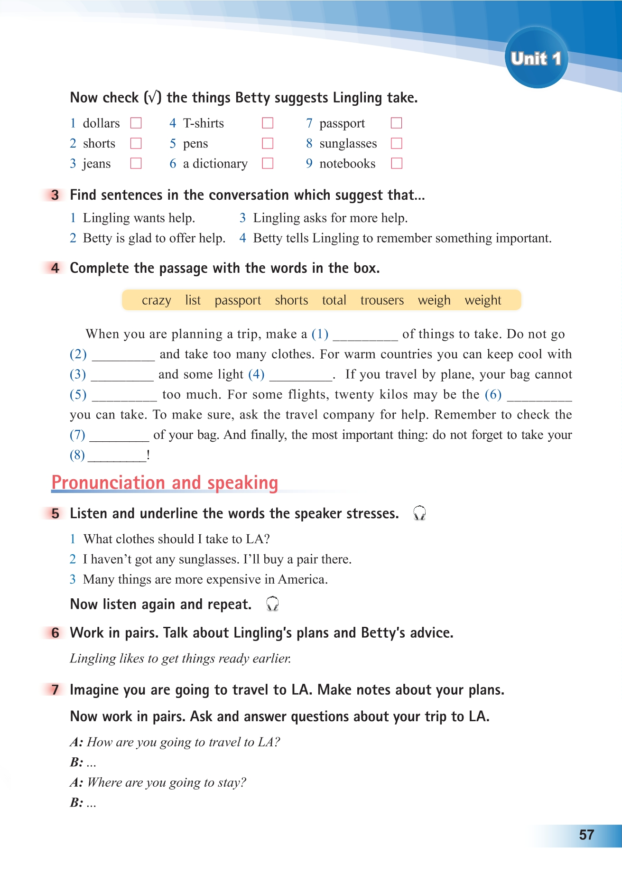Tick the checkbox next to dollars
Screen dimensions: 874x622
(136, 123)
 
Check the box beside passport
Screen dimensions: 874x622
(396, 123)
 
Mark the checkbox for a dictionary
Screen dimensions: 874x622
(268, 163)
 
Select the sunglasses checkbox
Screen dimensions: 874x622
(396, 143)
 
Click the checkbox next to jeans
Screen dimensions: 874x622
(136, 163)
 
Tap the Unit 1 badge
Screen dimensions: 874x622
(536, 58)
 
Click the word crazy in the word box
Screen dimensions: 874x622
(156, 300)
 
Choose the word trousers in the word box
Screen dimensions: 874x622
(382, 300)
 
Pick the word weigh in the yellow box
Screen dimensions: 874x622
(434, 300)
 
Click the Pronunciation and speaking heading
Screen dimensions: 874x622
(165, 483)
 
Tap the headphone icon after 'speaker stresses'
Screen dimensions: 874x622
(419, 513)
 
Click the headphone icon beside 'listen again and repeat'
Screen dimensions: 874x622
(272, 604)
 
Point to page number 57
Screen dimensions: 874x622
(586, 835)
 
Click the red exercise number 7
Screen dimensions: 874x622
(56, 689)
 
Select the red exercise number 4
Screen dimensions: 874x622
(56, 268)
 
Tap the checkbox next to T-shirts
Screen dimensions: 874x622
(268, 123)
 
